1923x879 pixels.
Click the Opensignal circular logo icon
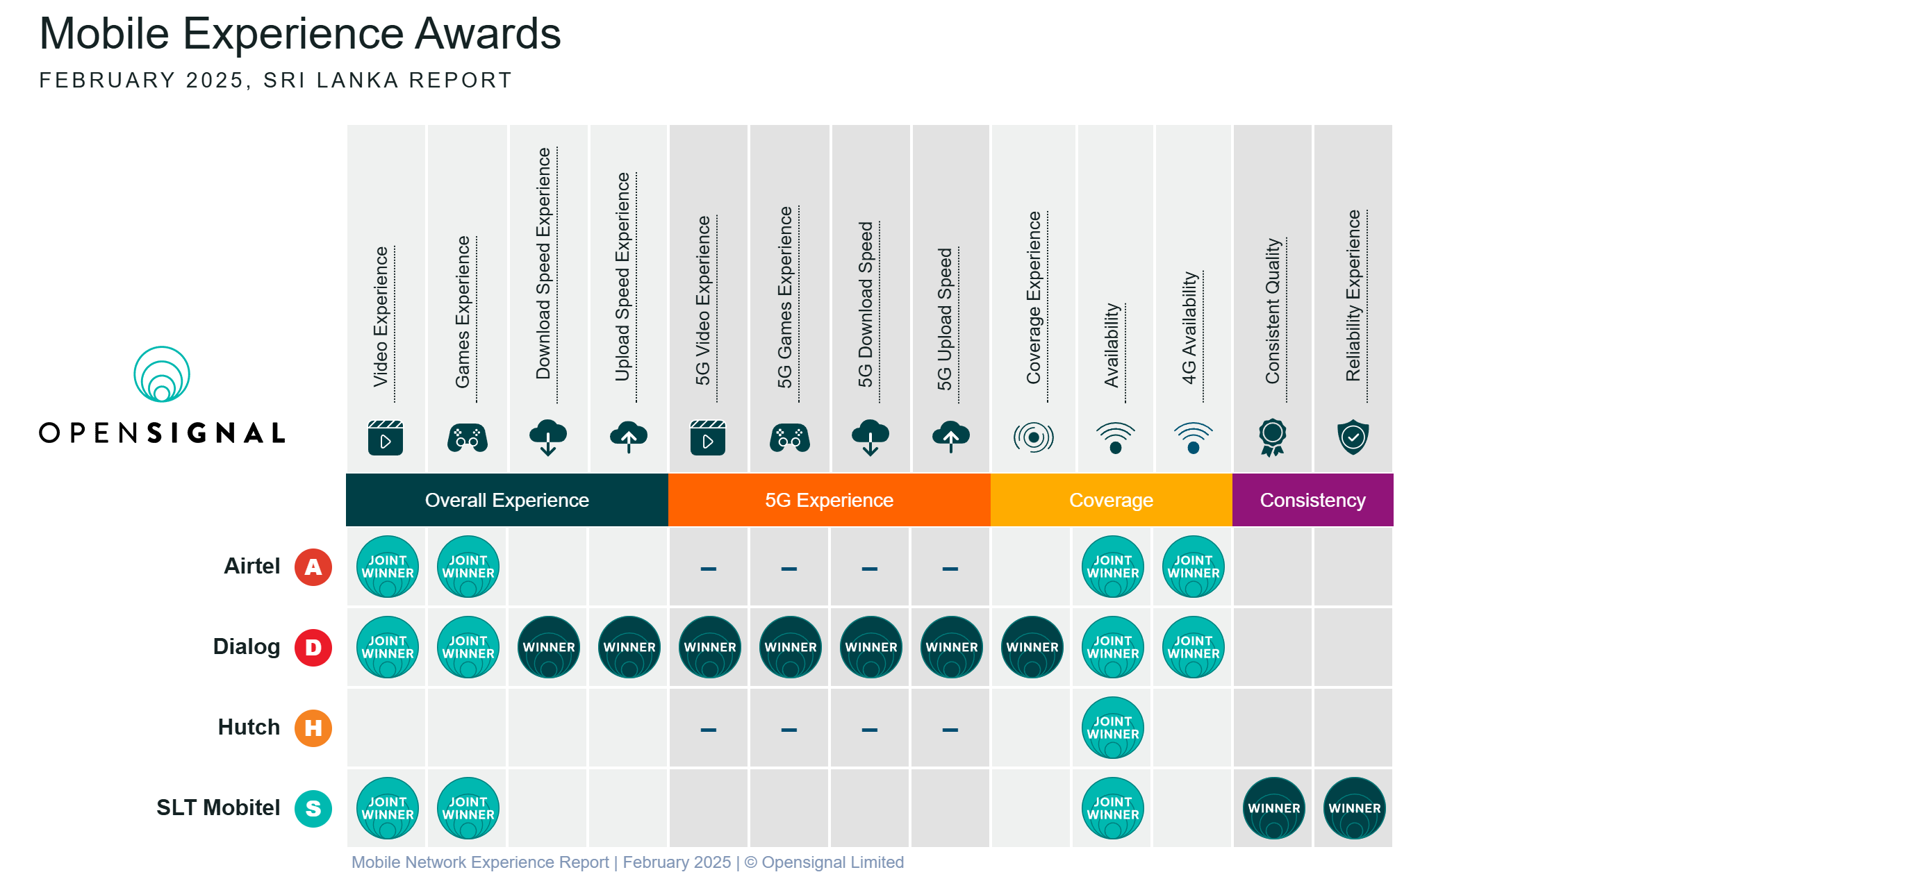161,374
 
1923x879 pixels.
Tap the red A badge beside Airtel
313,567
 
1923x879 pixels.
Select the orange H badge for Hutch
313,728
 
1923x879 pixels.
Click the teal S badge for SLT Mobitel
313,809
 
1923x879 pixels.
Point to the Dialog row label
247,647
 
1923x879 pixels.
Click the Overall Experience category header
507,500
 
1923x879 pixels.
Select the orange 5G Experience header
830,500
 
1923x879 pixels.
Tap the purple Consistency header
1312,500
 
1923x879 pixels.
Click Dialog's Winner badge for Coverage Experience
1032,647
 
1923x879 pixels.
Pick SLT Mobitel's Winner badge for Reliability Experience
1354,808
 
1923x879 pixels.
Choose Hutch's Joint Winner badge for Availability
1113,728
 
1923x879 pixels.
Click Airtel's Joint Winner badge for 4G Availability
1194,567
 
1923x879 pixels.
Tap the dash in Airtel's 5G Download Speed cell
870,569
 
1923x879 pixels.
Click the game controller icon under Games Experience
468,438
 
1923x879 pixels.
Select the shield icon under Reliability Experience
1353,437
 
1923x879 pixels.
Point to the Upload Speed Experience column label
623,278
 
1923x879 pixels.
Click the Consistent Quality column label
1273,311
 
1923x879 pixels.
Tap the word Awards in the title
488,33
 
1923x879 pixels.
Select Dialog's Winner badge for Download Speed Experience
549,647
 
